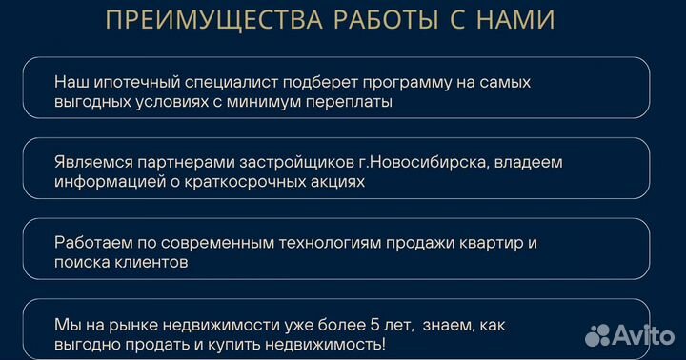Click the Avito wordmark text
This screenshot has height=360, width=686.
click(x=646, y=333)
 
